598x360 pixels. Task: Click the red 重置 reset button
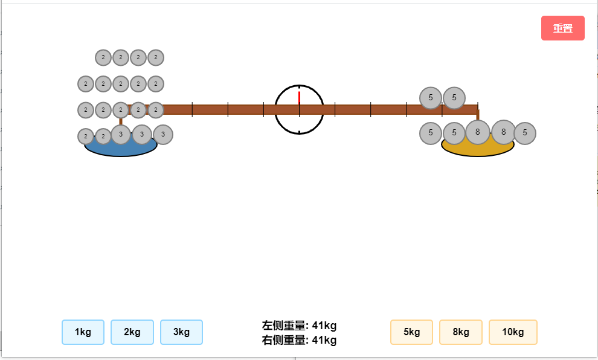(562, 28)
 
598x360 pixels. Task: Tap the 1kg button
(83, 332)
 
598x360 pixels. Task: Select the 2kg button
(132, 332)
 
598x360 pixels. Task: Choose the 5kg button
(411, 332)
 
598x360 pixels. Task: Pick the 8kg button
(461, 332)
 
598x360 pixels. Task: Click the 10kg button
(513, 332)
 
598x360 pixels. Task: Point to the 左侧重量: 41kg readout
(299, 326)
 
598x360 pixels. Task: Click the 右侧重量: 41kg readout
(299, 340)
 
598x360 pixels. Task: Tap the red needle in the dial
(300, 98)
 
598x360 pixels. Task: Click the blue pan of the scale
(121, 149)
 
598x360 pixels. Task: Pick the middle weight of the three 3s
(142, 135)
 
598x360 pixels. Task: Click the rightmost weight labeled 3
(163, 135)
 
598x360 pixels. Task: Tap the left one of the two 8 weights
(477, 132)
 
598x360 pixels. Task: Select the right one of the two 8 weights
(503, 132)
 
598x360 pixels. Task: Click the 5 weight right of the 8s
(525, 133)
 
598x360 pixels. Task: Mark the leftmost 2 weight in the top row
(103, 57)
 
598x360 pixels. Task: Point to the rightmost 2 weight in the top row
(156, 57)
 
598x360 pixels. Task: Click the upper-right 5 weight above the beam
(454, 98)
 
